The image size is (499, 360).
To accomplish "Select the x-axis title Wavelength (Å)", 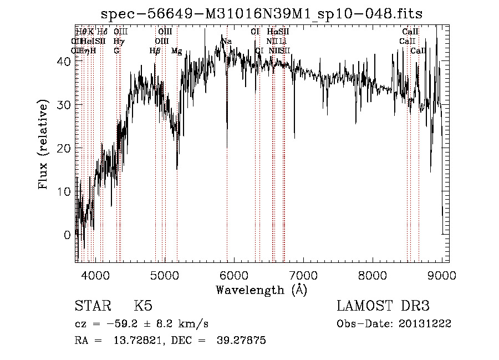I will click(261, 290).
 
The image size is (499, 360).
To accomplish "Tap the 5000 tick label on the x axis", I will click(165, 276).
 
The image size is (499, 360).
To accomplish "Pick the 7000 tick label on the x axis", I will click(303, 276).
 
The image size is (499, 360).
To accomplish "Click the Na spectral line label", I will click(226, 42).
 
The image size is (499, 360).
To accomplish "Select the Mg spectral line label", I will click(176, 51).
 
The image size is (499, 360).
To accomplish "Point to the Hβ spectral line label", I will click(155, 51).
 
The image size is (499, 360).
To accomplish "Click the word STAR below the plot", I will click(92, 306).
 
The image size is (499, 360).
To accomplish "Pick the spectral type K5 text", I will click(143, 306).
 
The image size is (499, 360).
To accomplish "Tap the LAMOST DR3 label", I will click(383, 306).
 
